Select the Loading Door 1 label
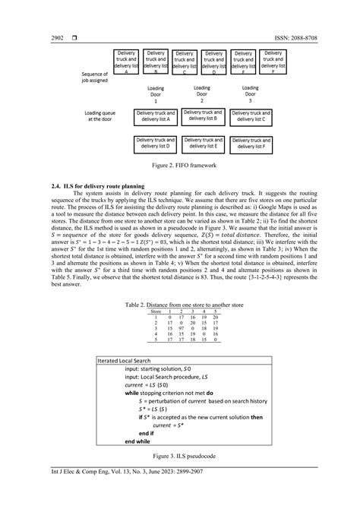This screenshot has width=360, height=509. click(x=156, y=94)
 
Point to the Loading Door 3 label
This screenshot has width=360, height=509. click(x=250, y=94)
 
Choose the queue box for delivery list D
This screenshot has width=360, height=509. click(x=157, y=144)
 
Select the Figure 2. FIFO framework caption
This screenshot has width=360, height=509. click(x=179, y=163)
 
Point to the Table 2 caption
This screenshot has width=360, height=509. click(x=179, y=304)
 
